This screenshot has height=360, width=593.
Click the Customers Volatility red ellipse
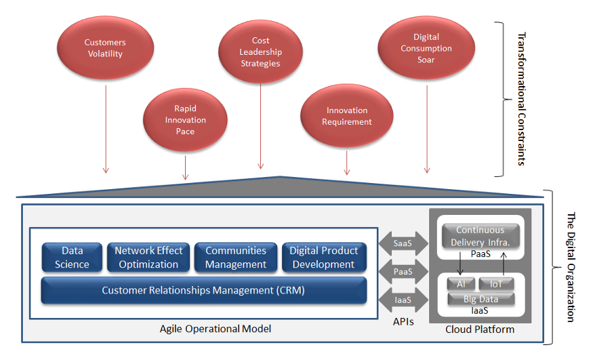[106, 47]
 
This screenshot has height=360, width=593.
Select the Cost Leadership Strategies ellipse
[260, 52]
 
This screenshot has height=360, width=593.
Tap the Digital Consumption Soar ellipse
[426, 48]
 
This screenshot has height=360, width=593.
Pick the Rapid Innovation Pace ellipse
[185, 120]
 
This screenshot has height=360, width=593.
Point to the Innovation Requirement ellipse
[347, 116]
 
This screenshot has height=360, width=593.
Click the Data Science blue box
[72, 258]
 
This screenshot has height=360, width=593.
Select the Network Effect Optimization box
[148, 258]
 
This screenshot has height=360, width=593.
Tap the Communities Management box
[236, 258]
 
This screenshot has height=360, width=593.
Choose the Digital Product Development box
[324, 258]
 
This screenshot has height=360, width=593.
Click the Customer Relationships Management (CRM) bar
[203, 290]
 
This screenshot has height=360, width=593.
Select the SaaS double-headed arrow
[403, 243]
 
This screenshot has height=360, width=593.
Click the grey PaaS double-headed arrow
[403, 271]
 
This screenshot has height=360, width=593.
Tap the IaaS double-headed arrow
[403, 300]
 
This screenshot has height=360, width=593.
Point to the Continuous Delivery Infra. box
[480, 236]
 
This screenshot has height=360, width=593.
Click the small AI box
[461, 284]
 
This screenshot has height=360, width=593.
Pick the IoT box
[496, 284]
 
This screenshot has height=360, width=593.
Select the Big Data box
[480, 299]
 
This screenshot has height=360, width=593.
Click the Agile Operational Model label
[216, 329]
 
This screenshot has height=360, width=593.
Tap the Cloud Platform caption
[480, 329]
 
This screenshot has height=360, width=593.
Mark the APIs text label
[403, 322]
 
